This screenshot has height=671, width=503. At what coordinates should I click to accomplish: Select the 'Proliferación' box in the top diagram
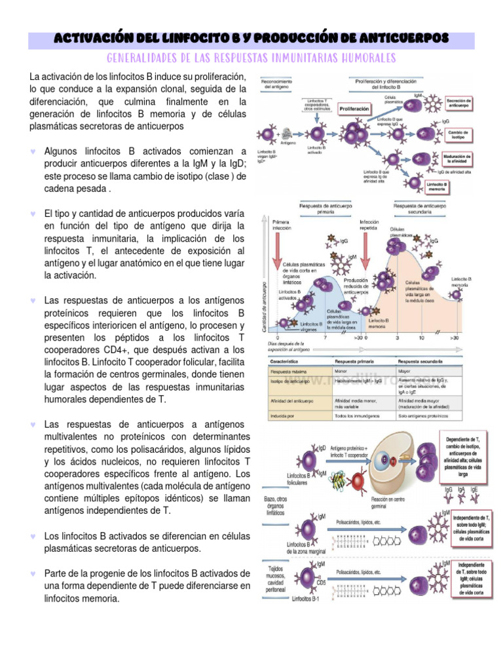click(354, 109)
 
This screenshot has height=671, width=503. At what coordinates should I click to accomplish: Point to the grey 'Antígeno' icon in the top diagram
click(286, 134)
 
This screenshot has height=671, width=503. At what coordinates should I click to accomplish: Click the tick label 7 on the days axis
click(326, 337)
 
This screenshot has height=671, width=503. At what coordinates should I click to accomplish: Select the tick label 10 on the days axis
click(422, 337)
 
